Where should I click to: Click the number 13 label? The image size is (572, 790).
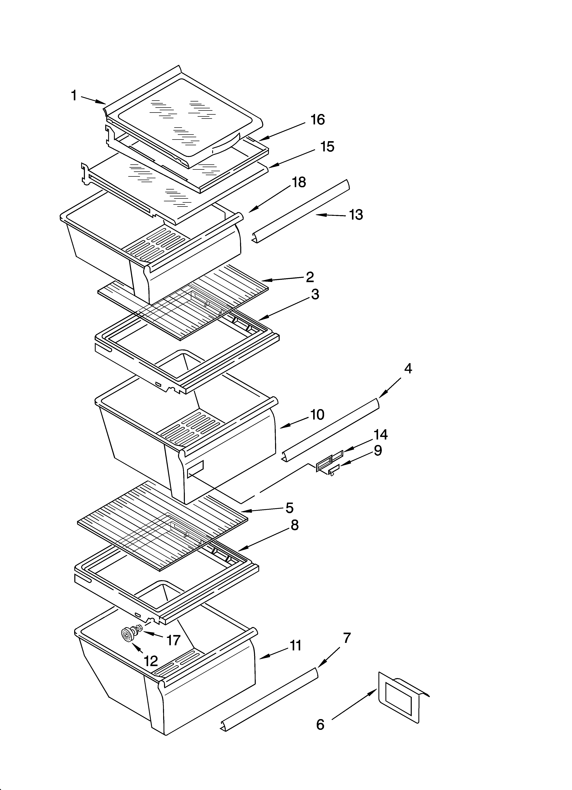(x=356, y=215)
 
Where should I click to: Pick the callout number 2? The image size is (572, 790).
(x=310, y=277)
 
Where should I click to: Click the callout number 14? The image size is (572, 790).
(x=380, y=435)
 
